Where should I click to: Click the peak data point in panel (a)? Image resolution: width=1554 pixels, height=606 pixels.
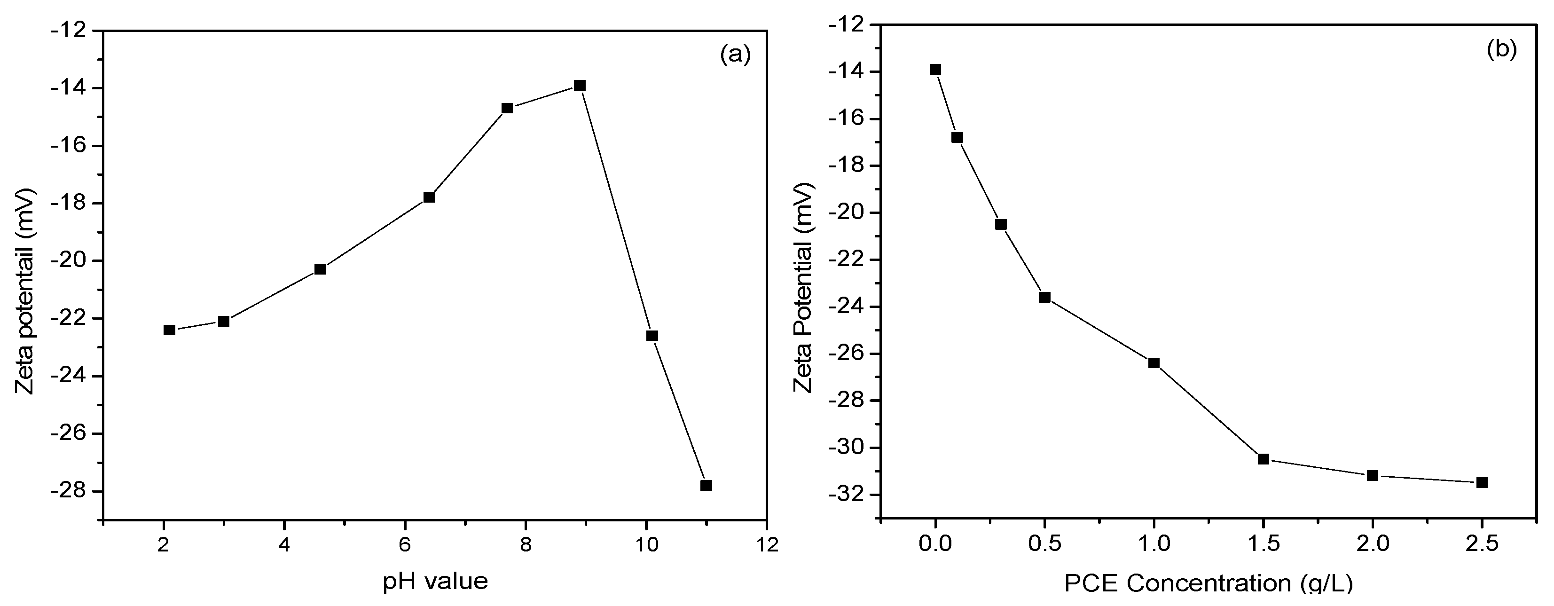click(580, 85)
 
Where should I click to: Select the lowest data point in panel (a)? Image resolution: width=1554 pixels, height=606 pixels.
click(706, 485)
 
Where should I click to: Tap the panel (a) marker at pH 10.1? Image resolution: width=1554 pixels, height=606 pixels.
click(652, 336)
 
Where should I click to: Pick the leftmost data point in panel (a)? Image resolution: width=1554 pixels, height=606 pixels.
click(170, 330)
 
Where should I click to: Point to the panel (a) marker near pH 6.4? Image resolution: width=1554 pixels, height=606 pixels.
click(429, 197)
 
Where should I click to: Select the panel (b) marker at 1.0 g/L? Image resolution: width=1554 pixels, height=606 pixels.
click(1154, 363)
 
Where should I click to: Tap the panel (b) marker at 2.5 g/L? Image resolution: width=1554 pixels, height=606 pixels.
click(1482, 482)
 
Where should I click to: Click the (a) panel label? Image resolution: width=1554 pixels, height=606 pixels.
click(735, 55)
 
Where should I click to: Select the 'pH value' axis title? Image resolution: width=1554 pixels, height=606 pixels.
click(435, 581)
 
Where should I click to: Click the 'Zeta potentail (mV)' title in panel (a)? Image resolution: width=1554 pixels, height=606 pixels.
click(25, 291)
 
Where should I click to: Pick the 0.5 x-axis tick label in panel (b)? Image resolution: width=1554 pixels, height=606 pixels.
click(1045, 545)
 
